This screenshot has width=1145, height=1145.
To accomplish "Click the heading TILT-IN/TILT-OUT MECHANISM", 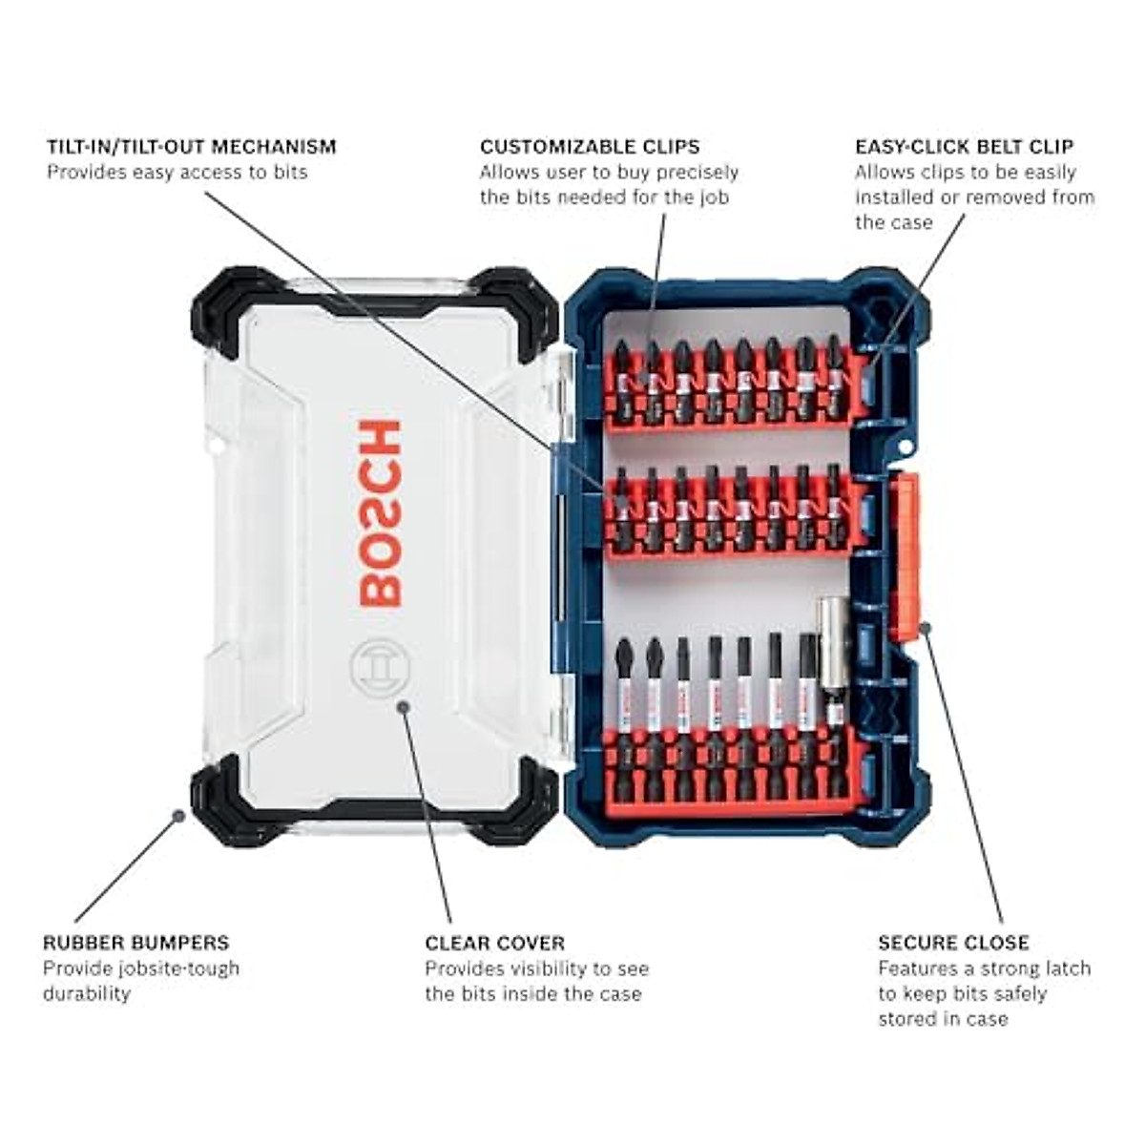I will click(192, 147).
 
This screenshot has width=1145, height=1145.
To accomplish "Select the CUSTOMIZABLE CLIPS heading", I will click(590, 147).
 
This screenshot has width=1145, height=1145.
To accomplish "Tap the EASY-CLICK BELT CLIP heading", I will click(964, 147).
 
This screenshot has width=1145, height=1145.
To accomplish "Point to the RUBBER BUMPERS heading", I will click(135, 943).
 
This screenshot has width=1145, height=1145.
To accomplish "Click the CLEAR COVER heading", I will click(495, 943).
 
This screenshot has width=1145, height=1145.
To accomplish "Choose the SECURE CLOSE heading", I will click(953, 943).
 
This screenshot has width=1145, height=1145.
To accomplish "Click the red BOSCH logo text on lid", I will click(381, 513).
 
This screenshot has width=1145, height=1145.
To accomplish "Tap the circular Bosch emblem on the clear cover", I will click(380, 668).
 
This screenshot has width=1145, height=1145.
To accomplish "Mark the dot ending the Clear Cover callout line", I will click(404, 706).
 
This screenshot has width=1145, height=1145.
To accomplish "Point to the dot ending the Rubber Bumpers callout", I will click(177, 816).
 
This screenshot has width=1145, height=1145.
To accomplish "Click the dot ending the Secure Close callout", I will click(925, 626).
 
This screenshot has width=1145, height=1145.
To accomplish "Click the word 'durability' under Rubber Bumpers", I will click(86, 993).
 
